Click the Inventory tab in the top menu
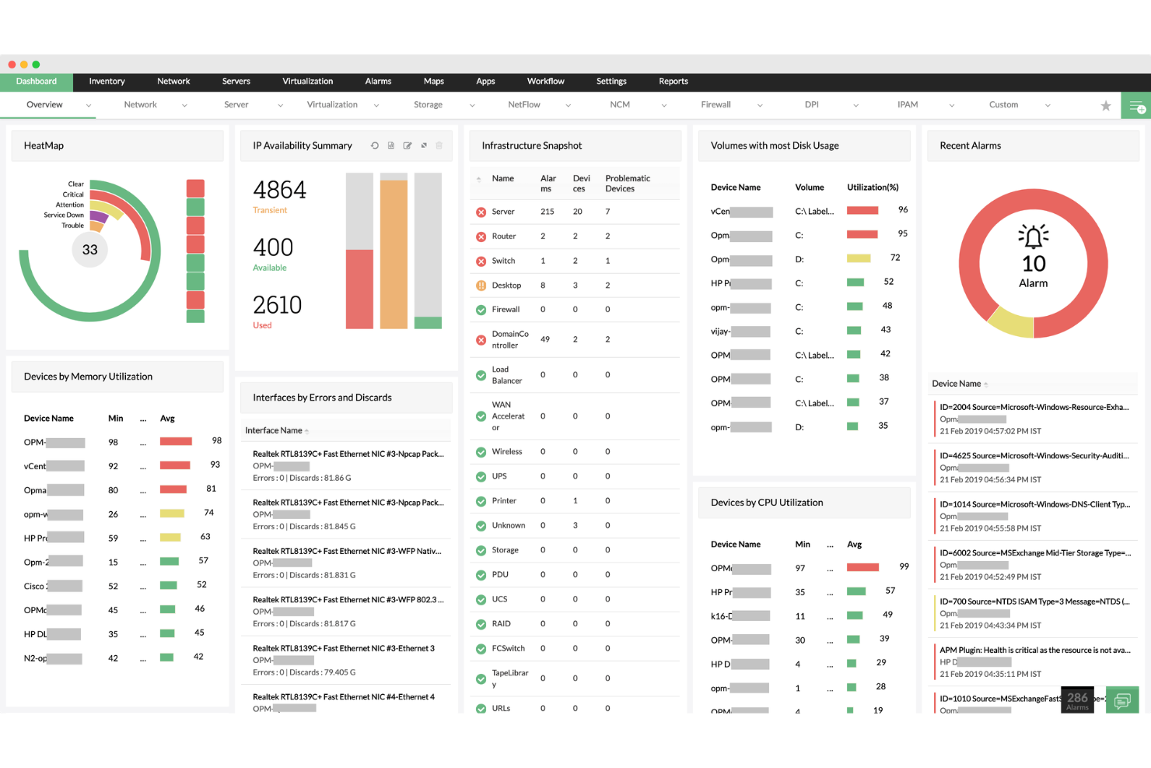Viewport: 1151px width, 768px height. click(107, 82)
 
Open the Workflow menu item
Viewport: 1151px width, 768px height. click(545, 82)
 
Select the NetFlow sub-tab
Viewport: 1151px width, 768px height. click(524, 105)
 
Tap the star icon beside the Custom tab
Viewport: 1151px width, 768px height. click(1105, 106)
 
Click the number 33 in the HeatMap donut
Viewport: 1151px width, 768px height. click(90, 250)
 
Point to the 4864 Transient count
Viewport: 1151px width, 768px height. click(279, 191)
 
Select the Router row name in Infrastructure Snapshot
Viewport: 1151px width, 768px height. click(504, 237)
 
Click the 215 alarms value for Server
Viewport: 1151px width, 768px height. click(548, 212)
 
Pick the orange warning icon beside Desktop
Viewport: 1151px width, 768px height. click(481, 286)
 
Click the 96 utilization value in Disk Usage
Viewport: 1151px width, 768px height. click(903, 210)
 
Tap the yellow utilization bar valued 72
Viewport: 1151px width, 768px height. click(859, 258)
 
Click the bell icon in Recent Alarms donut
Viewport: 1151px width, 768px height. click(1034, 236)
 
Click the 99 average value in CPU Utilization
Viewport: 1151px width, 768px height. click(904, 566)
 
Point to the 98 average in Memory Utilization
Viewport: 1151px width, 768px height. click(217, 441)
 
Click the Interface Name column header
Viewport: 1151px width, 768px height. click(274, 431)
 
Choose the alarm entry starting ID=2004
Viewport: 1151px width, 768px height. click(1034, 408)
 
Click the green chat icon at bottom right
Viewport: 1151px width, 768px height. click(1122, 700)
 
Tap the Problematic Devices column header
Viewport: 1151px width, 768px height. click(628, 184)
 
